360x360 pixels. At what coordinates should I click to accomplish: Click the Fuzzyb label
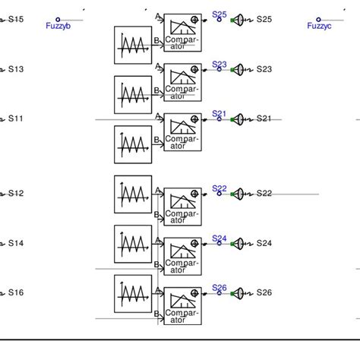pyautogui.click(x=68, y=26)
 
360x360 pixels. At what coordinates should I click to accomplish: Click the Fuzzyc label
pyautogui.click(x=319, y=26)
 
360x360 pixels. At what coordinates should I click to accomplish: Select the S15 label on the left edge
pyautogui.click(x=16, y=18)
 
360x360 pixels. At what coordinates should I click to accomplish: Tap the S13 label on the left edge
pyautogui.click(x=16, y=69)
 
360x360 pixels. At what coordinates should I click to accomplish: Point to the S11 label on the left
pyautogui.click(x=16, y=119)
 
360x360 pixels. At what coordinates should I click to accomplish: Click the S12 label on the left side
pyautogui.click(x=16, y=194)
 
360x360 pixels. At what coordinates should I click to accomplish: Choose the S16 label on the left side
pyautogui.click(x=16, y=292)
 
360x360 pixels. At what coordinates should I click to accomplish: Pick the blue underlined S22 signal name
pyautogui.click(x=219, y=188)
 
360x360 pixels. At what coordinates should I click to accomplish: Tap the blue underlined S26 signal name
pyautogui.click(x=219, y=287)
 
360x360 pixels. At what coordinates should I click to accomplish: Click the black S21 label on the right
pyautogui.click(x=264, y=118)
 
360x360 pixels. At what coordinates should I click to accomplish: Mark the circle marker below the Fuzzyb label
pyautogui.click(x=58, y=20)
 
